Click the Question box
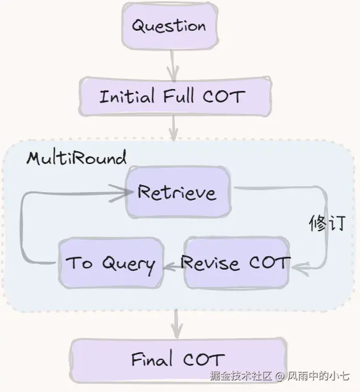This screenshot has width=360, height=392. coord(170,26)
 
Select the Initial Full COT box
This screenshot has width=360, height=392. coord(175,97)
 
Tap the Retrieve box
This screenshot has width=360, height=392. coord(178,192)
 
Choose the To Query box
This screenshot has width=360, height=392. coord(111,263)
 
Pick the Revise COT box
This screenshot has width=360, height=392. coord(237,263)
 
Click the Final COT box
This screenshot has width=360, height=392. coord(179,360)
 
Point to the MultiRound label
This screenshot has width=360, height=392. coord(76,158)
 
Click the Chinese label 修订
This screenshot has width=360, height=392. coord(327,223)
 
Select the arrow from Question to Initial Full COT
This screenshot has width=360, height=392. coord(172,65)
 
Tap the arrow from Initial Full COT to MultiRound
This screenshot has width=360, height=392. coord(174,129)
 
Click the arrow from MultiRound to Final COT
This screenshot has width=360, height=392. coord(177,323)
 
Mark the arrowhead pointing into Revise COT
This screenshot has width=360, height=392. coord(300,268)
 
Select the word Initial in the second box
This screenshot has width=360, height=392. coord(126,96)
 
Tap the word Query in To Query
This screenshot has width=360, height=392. coord(129,265)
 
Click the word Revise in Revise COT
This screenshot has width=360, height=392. coord(209,263)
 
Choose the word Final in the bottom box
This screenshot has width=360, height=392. coord(152,359)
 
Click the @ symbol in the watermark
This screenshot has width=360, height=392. coord(281,376)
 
